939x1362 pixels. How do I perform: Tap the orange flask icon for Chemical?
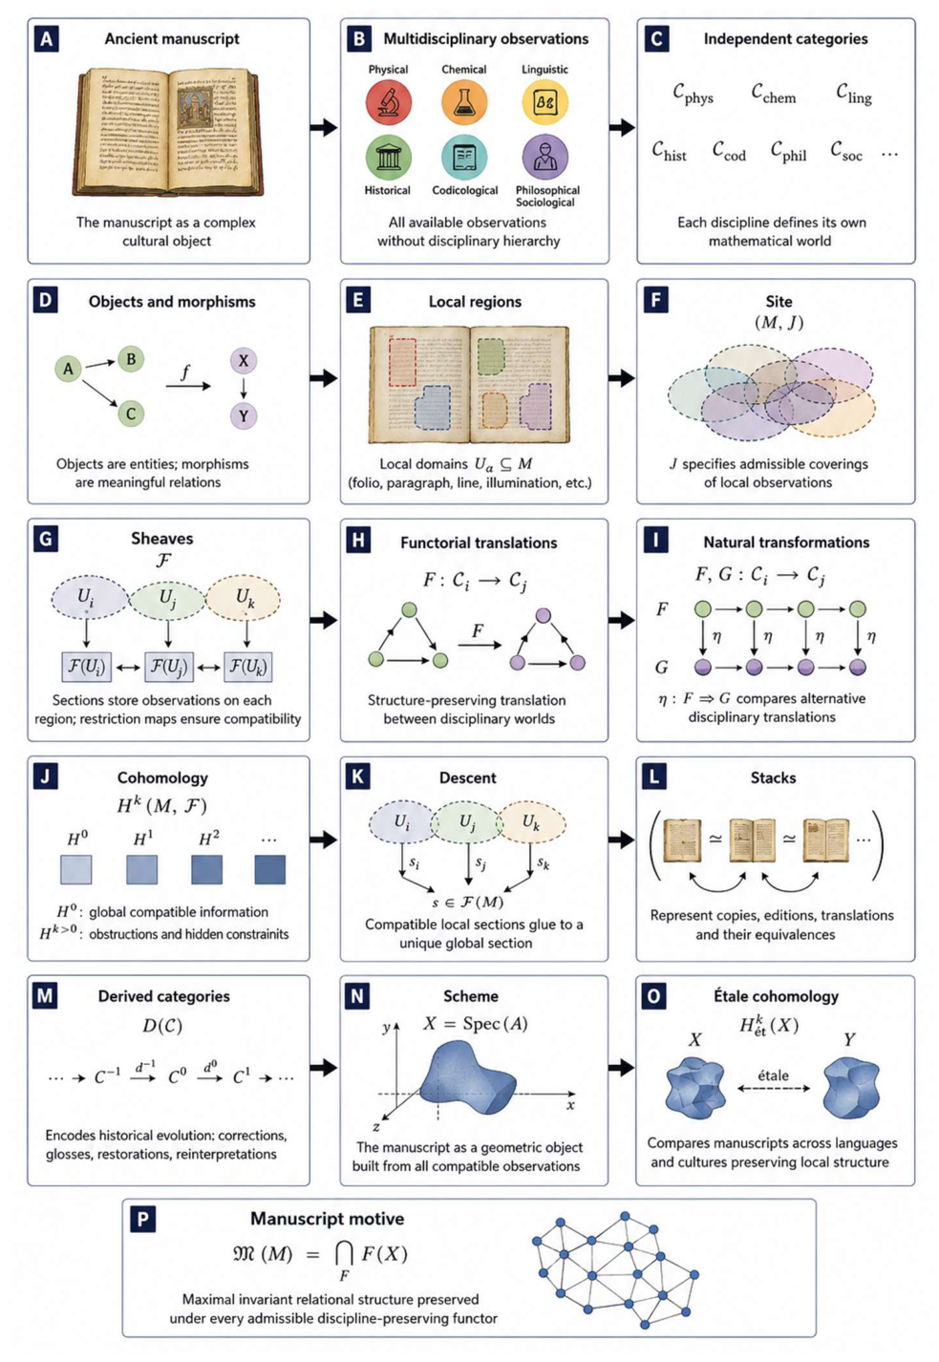(464, 101)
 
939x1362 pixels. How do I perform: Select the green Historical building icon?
(388, 158)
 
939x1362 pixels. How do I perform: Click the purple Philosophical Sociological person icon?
(544, 157)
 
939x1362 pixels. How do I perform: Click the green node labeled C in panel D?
(131, 414)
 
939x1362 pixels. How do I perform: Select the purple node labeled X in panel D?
(244, 361)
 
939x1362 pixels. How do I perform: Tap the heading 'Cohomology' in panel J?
(162, 777)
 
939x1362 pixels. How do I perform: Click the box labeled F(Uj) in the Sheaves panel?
(168, 667)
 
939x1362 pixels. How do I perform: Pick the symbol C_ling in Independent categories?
(854, 95)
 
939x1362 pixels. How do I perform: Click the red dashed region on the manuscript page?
(402, 362)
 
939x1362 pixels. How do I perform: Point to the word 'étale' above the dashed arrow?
(773, 1075)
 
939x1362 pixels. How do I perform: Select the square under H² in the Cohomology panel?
(206, 869)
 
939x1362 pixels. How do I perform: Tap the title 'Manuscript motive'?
(328, 1219)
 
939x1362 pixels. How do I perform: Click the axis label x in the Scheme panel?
(570, 1105)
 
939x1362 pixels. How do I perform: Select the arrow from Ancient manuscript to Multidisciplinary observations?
(324, 128)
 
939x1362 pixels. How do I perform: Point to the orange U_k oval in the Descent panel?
(531, 822)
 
